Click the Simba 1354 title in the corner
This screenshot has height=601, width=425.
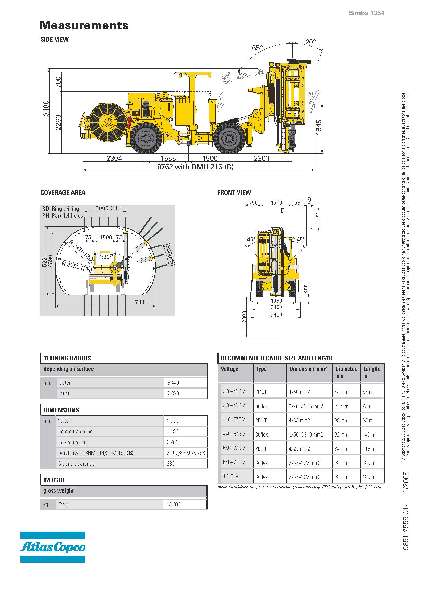pos(366,13)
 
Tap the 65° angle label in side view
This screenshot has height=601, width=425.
pos(257,48)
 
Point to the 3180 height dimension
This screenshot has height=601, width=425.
pos(46,108)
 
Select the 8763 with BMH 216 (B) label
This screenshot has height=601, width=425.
pos(195,167)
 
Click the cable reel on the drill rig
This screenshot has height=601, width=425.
pos(108,122)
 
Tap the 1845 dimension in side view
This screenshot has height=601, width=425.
pos(318,127)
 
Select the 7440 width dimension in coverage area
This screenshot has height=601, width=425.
pos(141,302)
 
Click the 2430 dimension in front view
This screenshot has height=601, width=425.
pos(276,315)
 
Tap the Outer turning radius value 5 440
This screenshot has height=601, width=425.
pos(173,383)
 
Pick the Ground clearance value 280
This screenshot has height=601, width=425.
pos(170,464)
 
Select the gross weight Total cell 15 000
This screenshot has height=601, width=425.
pos(173,504)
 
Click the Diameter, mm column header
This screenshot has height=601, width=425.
pos(346,372)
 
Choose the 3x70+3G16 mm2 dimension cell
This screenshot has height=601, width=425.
pos(306,406)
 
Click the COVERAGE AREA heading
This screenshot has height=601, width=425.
pos(63,193)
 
